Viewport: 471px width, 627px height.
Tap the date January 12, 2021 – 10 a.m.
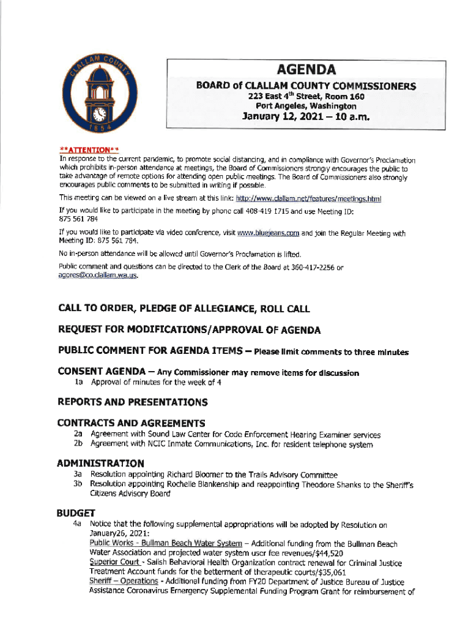[306, 117]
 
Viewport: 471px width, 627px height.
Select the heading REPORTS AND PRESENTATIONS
[132, 402]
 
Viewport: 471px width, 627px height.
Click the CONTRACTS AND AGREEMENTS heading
[131, 423]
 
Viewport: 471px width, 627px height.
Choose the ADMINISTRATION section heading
[101, 463]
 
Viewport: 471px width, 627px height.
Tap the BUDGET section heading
[73, 512]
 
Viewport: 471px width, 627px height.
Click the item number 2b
[78, 444]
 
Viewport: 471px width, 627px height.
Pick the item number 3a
[78, 474]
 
